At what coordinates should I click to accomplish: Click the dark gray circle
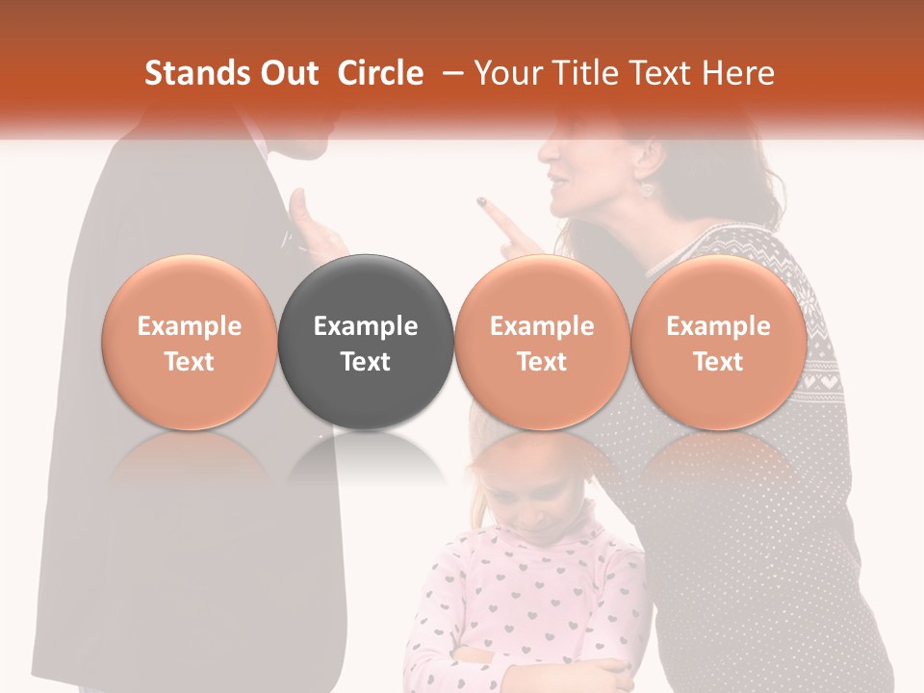366,342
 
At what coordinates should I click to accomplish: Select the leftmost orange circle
189,342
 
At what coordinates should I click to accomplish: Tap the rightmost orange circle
718,342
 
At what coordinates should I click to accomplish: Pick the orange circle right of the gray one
542,342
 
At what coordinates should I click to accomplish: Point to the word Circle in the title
380,73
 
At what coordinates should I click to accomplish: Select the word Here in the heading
740,73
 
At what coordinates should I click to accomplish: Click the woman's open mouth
555,183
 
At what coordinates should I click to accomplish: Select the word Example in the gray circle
366,326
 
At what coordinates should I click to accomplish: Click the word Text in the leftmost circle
189,362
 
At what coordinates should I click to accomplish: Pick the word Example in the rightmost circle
718,326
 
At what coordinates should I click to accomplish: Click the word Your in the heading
508,73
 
